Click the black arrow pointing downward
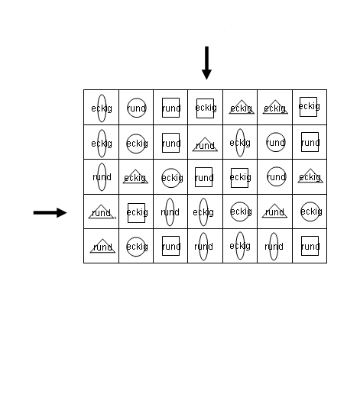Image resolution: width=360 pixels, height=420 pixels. point(206,63)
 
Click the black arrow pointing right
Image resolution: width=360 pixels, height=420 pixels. point(50,213)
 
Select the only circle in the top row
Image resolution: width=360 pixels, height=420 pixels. point(137,98)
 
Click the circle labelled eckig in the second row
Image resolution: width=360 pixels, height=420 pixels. point(136,134)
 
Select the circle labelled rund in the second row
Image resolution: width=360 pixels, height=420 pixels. point(276,133)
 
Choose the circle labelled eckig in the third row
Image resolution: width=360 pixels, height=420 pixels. point(171,169)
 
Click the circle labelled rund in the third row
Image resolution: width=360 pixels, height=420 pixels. point(277,167)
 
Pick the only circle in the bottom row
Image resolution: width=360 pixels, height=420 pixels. point(136,237)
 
